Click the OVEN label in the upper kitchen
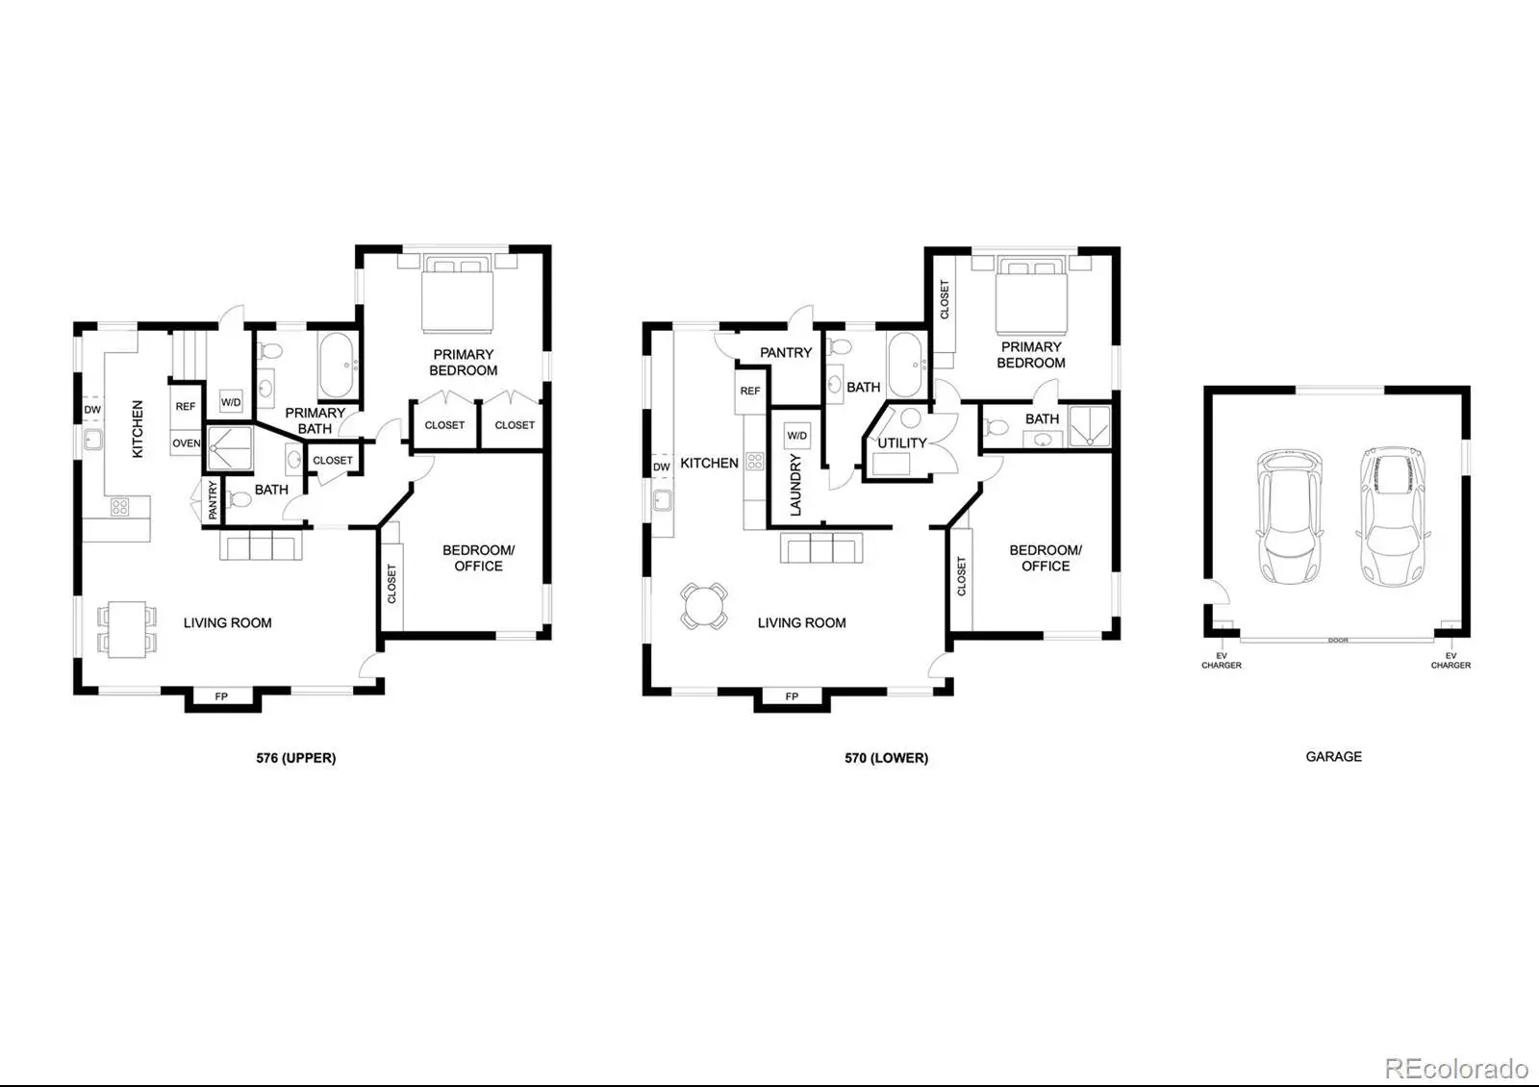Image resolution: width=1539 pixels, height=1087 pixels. click(x=187, y=443)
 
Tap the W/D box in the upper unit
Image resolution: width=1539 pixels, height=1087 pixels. click(x=231, y=401)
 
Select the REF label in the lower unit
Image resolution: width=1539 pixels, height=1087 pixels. click(x=750, y=391)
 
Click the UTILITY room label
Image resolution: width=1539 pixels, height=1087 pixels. click(x=902, y=443)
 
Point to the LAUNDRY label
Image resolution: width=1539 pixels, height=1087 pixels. click(x=795, y=485)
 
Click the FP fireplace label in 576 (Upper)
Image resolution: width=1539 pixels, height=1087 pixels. click(x=221, y=696)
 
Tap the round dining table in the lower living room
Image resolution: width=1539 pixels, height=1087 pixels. click(x=704, y=606)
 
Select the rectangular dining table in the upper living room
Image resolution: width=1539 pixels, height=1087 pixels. click(x=127, y=629)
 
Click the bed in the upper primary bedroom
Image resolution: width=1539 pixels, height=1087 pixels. click(x=458, y=293)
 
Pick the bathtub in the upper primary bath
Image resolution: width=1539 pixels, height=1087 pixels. click(x=337, y=365)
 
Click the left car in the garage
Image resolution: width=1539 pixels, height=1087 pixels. click(x=1289, y=517)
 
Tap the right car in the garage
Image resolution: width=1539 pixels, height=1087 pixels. click(x=1393, y=517)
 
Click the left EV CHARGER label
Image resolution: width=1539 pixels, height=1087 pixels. click(x=1221, y=660)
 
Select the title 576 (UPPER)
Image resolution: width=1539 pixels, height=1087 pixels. click(x=296, y=758)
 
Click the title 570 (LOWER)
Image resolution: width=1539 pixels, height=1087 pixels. click(x=886, y=758)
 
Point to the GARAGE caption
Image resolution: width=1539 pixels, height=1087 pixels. click(x=1333, y=756)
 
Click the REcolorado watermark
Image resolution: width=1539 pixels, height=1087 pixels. click(x=1456, y=1069)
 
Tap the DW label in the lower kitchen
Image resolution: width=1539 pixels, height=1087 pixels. click(x=661, y=468)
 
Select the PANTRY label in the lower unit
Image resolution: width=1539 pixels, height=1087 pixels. click(x=786, y=352)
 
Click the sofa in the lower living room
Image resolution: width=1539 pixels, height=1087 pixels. click(x=821, y=547)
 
